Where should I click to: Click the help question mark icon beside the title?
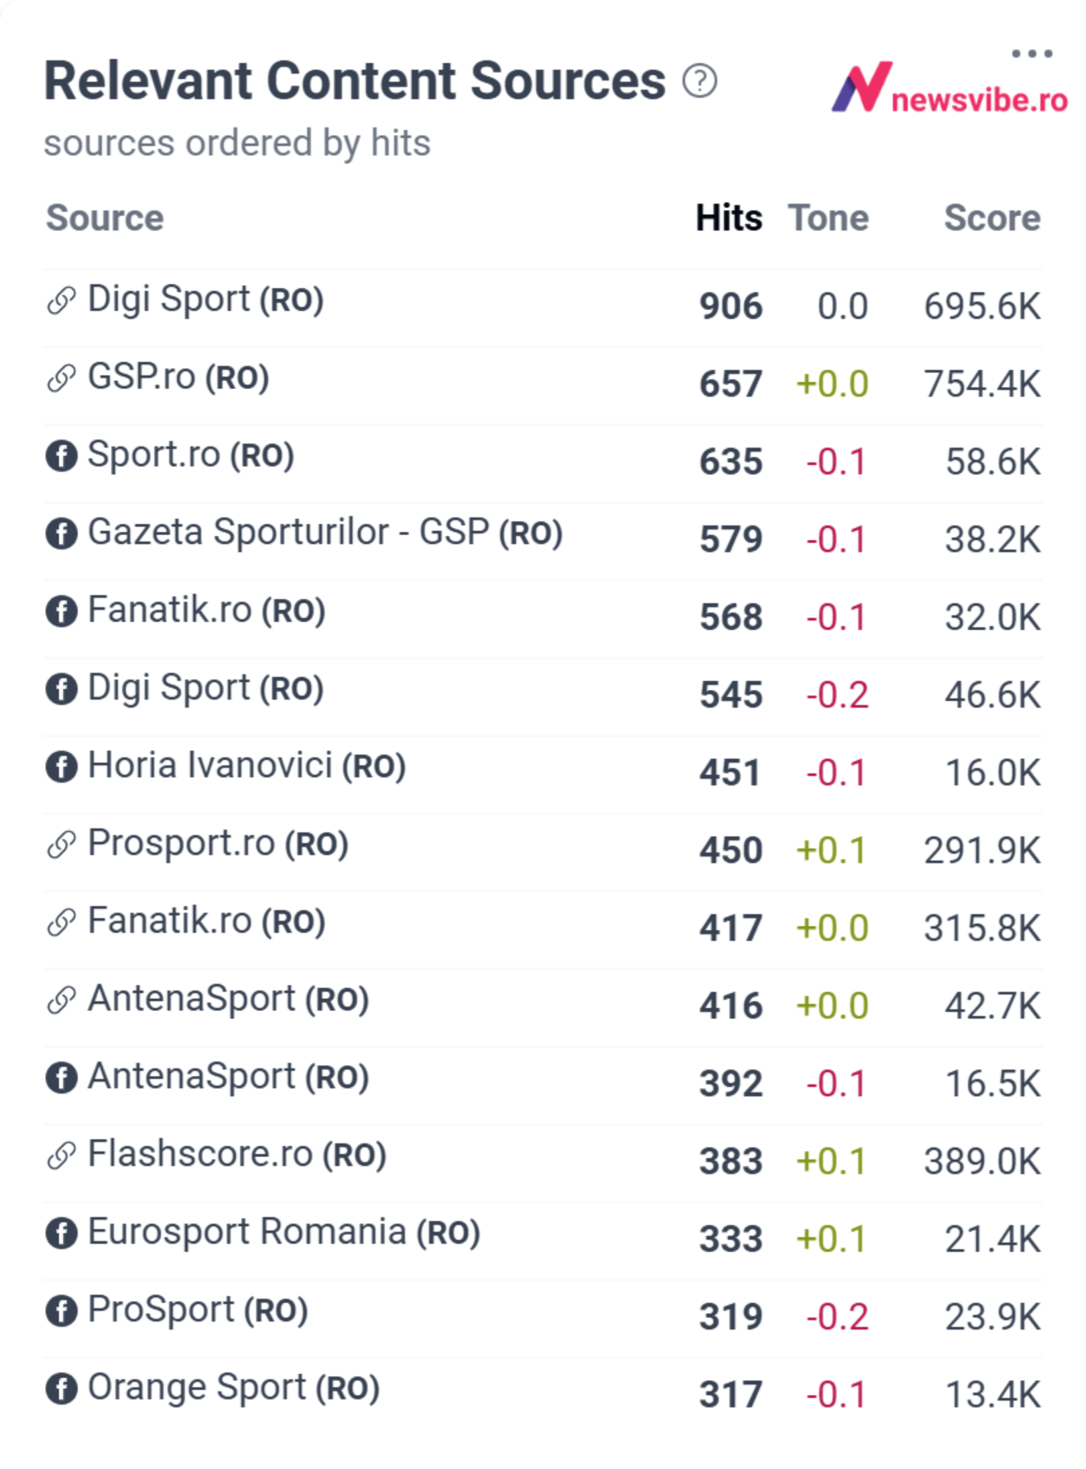click(699, 81)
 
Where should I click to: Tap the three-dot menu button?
click(1032, 54)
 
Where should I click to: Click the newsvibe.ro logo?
click(949, 88)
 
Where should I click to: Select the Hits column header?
click(729, 218)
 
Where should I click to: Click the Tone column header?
click(829, 218)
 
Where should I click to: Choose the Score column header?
click(992, 218)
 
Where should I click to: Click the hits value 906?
click(731, 306)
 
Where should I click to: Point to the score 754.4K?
click(982, 384)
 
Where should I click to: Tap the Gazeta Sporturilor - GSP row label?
click(325, 532)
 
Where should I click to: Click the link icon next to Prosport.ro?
click(61, 845)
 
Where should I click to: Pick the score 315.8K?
click(982, 928)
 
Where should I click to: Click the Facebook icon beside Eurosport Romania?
click(61, 1233)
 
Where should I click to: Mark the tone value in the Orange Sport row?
click(836, 1395)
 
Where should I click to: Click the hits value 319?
click(731, 1317)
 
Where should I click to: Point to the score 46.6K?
click(993, 695)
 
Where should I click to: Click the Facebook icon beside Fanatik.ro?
click(61, 611)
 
